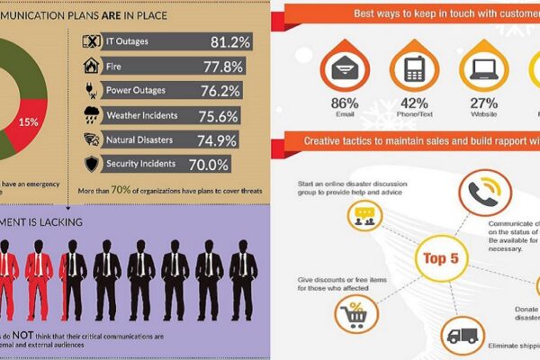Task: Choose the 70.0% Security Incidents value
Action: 209,164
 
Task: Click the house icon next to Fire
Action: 90,65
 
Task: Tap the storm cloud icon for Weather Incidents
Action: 90,115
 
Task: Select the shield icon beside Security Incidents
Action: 90,164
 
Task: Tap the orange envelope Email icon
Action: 345,69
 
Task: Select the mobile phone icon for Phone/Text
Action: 413,69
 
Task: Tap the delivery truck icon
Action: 463,335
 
